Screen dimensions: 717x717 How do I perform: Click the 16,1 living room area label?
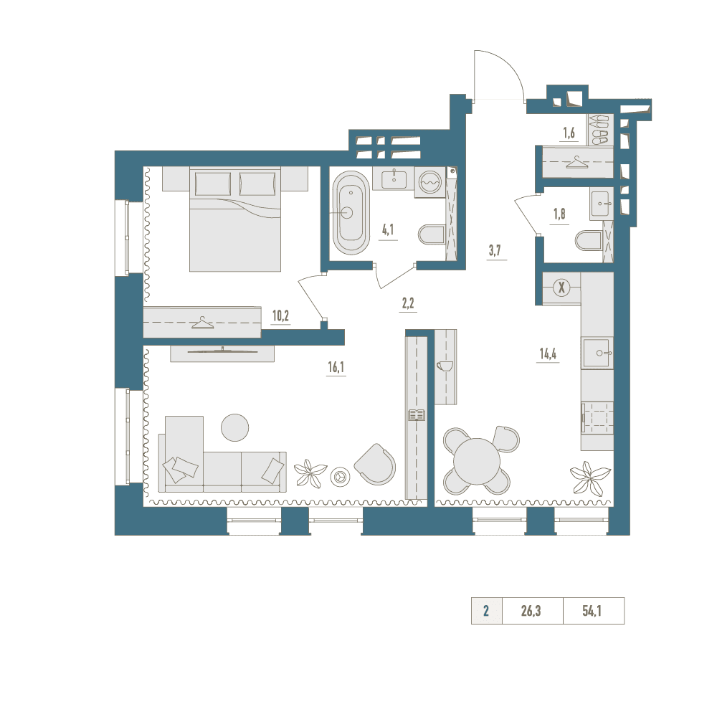click(x=336, y=366)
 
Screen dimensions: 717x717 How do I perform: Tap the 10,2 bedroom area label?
click(x=280, y=315)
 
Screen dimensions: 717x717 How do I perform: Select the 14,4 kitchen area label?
click(x=548, y=353)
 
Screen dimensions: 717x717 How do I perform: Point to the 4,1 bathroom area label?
click(x=388, y=229)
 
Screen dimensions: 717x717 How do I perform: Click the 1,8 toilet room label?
click(x=559, y=214)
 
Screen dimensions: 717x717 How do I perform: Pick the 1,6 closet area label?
click(x=569, y=133)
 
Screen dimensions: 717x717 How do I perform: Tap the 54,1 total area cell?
click(x=592, y=611)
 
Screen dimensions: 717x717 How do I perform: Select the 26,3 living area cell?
click(x=531, y=611)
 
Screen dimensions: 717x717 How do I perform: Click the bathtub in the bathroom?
click(x=351, y=213)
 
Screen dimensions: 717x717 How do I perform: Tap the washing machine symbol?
click(x=430, y=182)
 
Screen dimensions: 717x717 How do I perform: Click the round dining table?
click(x=477, y=461)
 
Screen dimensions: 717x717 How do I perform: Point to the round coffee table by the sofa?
click(x=235, y=427)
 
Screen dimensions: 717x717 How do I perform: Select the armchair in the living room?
click(x=376, y=464)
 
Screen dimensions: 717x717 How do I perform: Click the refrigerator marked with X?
click(x=561, y=288)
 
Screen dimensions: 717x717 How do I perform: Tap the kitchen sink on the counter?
click(x=597, y=353)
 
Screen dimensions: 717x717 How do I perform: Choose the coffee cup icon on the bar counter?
click(x=445, y=366)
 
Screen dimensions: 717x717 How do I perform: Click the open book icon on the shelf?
click(x=417, y=415)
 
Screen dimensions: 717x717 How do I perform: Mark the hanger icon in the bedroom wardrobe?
click(x=203, y=323)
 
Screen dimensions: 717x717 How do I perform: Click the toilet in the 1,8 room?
click(x=589, y=241)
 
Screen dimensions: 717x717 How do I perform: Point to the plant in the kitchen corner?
click(x=590, y=478)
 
